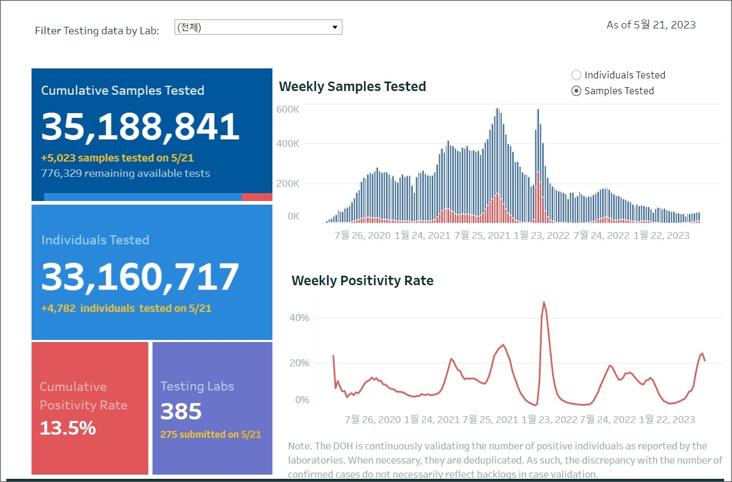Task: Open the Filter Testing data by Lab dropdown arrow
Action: [x=334, y=27]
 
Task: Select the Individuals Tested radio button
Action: [x=576, y=75]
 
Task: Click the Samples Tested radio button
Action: [x=576, y=91]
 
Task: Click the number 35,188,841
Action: [x=140, y=127]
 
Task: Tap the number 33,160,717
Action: [x=140, y=277]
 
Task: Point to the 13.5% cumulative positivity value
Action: [x=68, y=428]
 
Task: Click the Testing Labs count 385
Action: [x=181, y=411]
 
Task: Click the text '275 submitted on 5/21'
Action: [x=210, y=435]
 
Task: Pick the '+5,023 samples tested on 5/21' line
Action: [x=117, y=158]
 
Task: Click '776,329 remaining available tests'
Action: [x=125, y=174]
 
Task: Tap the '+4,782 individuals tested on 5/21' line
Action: [x=126, y=308]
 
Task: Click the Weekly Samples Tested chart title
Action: [x=352, y=86]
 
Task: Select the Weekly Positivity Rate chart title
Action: [x=362, y=280]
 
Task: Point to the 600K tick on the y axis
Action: [x=288, y=109]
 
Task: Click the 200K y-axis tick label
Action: [x=288, y=184]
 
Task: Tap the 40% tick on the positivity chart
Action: [x=299, y=318]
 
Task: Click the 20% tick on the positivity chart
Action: [x=299, y=363]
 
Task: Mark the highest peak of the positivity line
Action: [x=544, y=303]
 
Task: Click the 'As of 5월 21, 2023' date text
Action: [x=651, y=25]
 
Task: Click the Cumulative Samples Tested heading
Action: [x=123, y=91]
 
